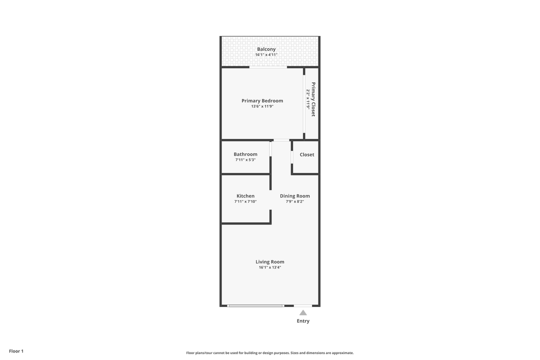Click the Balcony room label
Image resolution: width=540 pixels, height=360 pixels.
266,49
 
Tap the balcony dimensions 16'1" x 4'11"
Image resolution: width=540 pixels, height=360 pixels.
266,54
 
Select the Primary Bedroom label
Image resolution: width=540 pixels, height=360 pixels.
262,100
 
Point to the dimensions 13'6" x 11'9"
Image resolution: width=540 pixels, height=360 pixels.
262,106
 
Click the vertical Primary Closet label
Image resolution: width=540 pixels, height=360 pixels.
313,99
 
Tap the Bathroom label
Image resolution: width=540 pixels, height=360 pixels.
245,154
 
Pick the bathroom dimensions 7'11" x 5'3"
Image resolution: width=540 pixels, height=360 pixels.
245,159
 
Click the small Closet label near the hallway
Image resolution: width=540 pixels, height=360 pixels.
307,154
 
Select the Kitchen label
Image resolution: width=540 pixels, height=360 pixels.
245,196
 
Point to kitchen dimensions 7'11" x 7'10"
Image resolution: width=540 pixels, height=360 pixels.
245,201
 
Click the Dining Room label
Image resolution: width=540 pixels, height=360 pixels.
294,196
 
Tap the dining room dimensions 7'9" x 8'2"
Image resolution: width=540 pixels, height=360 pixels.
294,201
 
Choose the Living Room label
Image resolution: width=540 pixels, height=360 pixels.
270,261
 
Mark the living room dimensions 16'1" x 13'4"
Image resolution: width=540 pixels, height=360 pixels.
270,267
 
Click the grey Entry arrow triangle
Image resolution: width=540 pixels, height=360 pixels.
303,312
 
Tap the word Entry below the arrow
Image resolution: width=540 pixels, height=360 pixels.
303,321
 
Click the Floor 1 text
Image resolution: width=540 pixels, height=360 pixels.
16,351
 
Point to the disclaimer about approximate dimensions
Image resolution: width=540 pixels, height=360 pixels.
270,352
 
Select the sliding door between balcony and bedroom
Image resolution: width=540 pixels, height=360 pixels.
268,67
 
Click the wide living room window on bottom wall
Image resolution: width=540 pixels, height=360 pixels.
256,305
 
